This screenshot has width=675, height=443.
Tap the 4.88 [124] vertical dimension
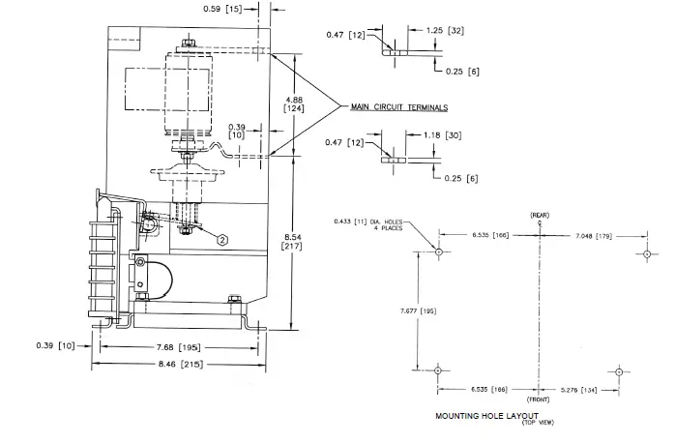coord(294,104)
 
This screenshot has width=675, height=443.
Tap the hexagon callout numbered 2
coord(223,238)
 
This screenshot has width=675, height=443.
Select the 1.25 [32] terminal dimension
coord(446,30)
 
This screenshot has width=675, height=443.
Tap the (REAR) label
coord(540,214)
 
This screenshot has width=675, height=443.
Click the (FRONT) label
coord(540,399)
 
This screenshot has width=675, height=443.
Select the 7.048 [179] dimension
coord(592,235)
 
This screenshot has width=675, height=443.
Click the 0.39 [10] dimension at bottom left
coord(53,345)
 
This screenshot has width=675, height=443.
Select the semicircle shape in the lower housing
coord(156,279)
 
